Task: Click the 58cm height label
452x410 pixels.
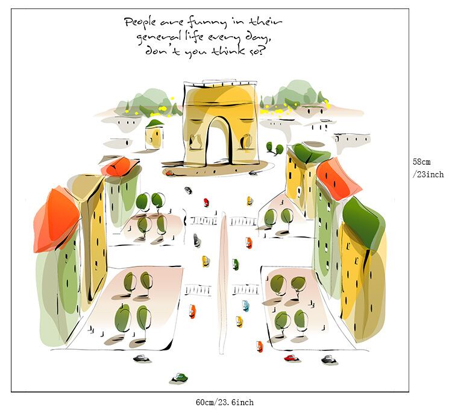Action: click(x=421, y=162)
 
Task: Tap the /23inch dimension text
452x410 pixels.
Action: click(x=428, y=174)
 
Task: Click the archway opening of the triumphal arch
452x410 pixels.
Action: click(x=219, y=142)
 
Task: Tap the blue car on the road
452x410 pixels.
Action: click(x=245, y=305)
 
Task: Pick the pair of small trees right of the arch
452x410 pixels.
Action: click(x=275, y=148)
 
